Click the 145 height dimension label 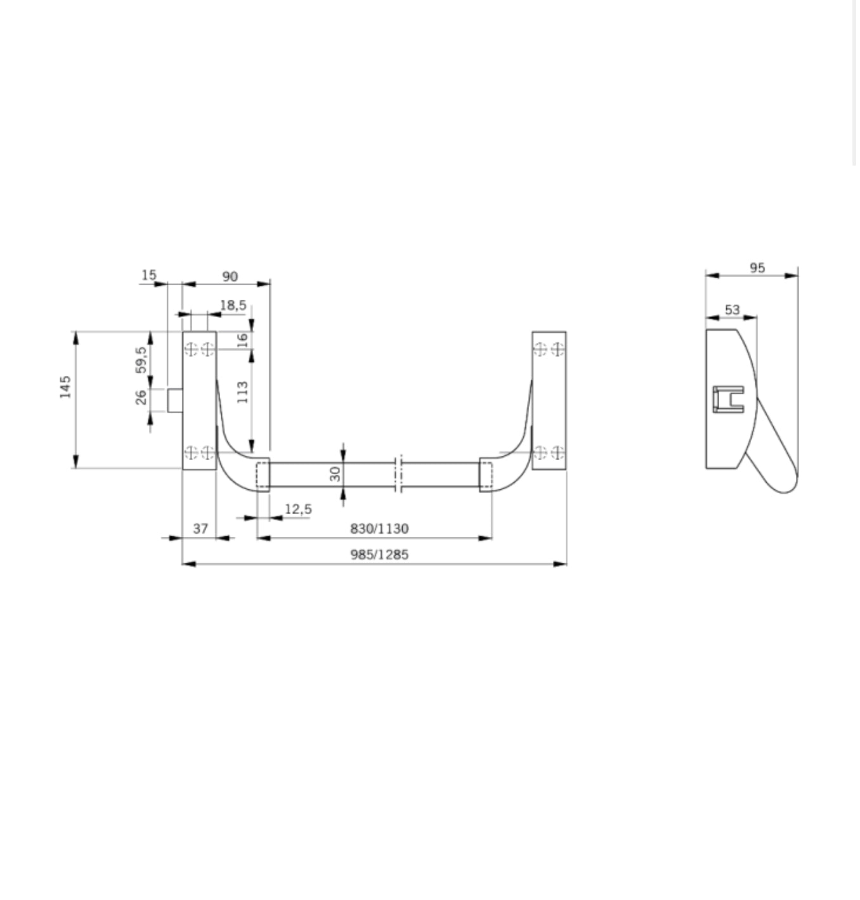(x=65, y=387)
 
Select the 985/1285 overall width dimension (x=379, y=555)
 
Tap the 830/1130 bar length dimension (x=379, y=529)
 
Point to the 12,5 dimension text (x=298, y=509)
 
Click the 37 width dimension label (x=200, y=529)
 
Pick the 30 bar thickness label (x=336, y=473)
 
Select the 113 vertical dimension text (x=242, y=392)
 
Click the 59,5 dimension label (x=141, y=359)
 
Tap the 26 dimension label (x=141, y=397)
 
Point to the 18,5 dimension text (x=233, y=305)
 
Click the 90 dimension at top (x=230, y=276)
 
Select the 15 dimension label (x=148, y=275)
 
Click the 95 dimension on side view (x=757, y=267)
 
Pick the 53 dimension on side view (x=732, y=310)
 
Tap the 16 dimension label (x=242, y=339)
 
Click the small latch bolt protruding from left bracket (x=175, y=401)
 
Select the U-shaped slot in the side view (x=728, y=399)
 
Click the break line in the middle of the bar (x=398, y=474)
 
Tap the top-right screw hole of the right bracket (x=557, y=349)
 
